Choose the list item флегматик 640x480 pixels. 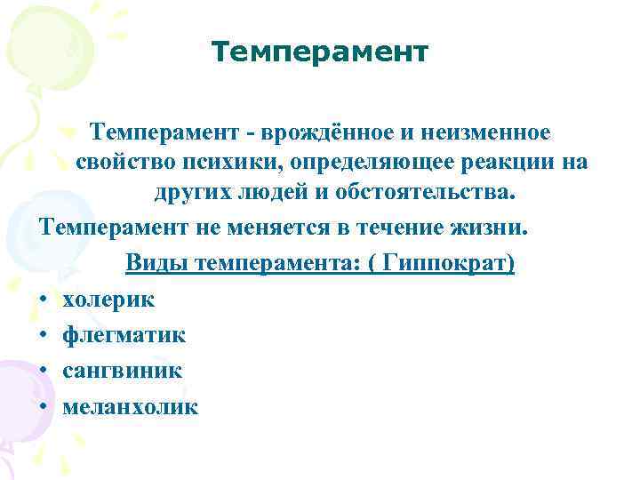pos(124,335)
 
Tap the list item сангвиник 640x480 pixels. pos(123,371)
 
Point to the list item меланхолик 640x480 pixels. pos(131,406)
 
